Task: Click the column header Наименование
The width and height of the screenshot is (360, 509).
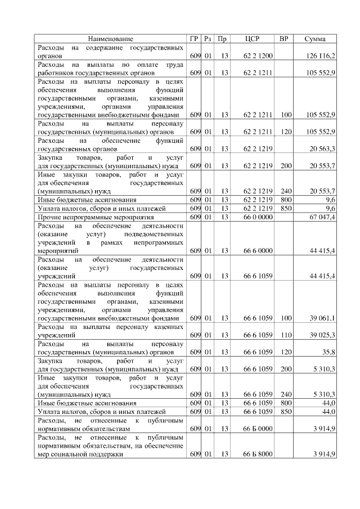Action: click(x=110, y=39)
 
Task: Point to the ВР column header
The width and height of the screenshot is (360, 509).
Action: click(x=285, y=39)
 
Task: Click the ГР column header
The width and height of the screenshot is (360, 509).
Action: click(x=195, y=39)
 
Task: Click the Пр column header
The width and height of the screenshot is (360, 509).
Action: click(x=223, y=39)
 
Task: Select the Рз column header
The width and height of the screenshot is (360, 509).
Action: click(x=208, y=39)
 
